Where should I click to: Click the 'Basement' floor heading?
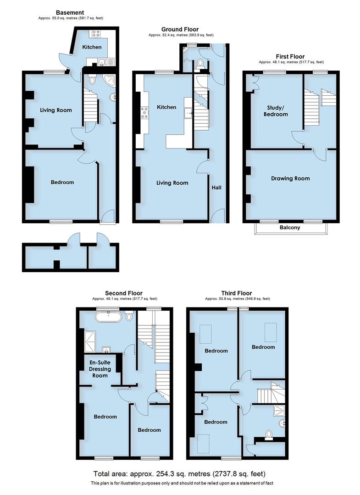pyautogui.click(x=69, y=12)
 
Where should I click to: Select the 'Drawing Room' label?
pyautogui.click(x=290, y=178)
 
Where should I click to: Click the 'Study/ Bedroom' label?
pyautogui.click(x=277, y=111)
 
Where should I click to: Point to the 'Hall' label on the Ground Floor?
pyautogui.click(x=216, y=187)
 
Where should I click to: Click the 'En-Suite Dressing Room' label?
pyautogui.click(x=100, y=369)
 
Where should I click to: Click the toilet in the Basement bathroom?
pyautogui.click(x=92, y=80)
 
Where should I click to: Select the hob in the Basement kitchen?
pyautogui.click(x=97, y=33)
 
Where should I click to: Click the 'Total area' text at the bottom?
pyautogui.click(x=179, y=473)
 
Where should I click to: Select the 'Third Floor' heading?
pyautogui.click(x=236, y=293)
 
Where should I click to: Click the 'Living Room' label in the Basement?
pyautogui.click(x=55, y=110)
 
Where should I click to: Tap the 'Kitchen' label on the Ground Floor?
pyautogui.click(x=166, y=107)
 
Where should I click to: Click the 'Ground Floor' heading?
pyautogui.click(x=180, y=29)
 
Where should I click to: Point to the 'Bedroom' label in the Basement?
pyautogui.click(x=62, y=182)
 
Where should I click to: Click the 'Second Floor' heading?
pyautogui.click(x=123, y=293)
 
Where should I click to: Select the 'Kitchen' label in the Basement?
pyautogui.click(x=91, y=47)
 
